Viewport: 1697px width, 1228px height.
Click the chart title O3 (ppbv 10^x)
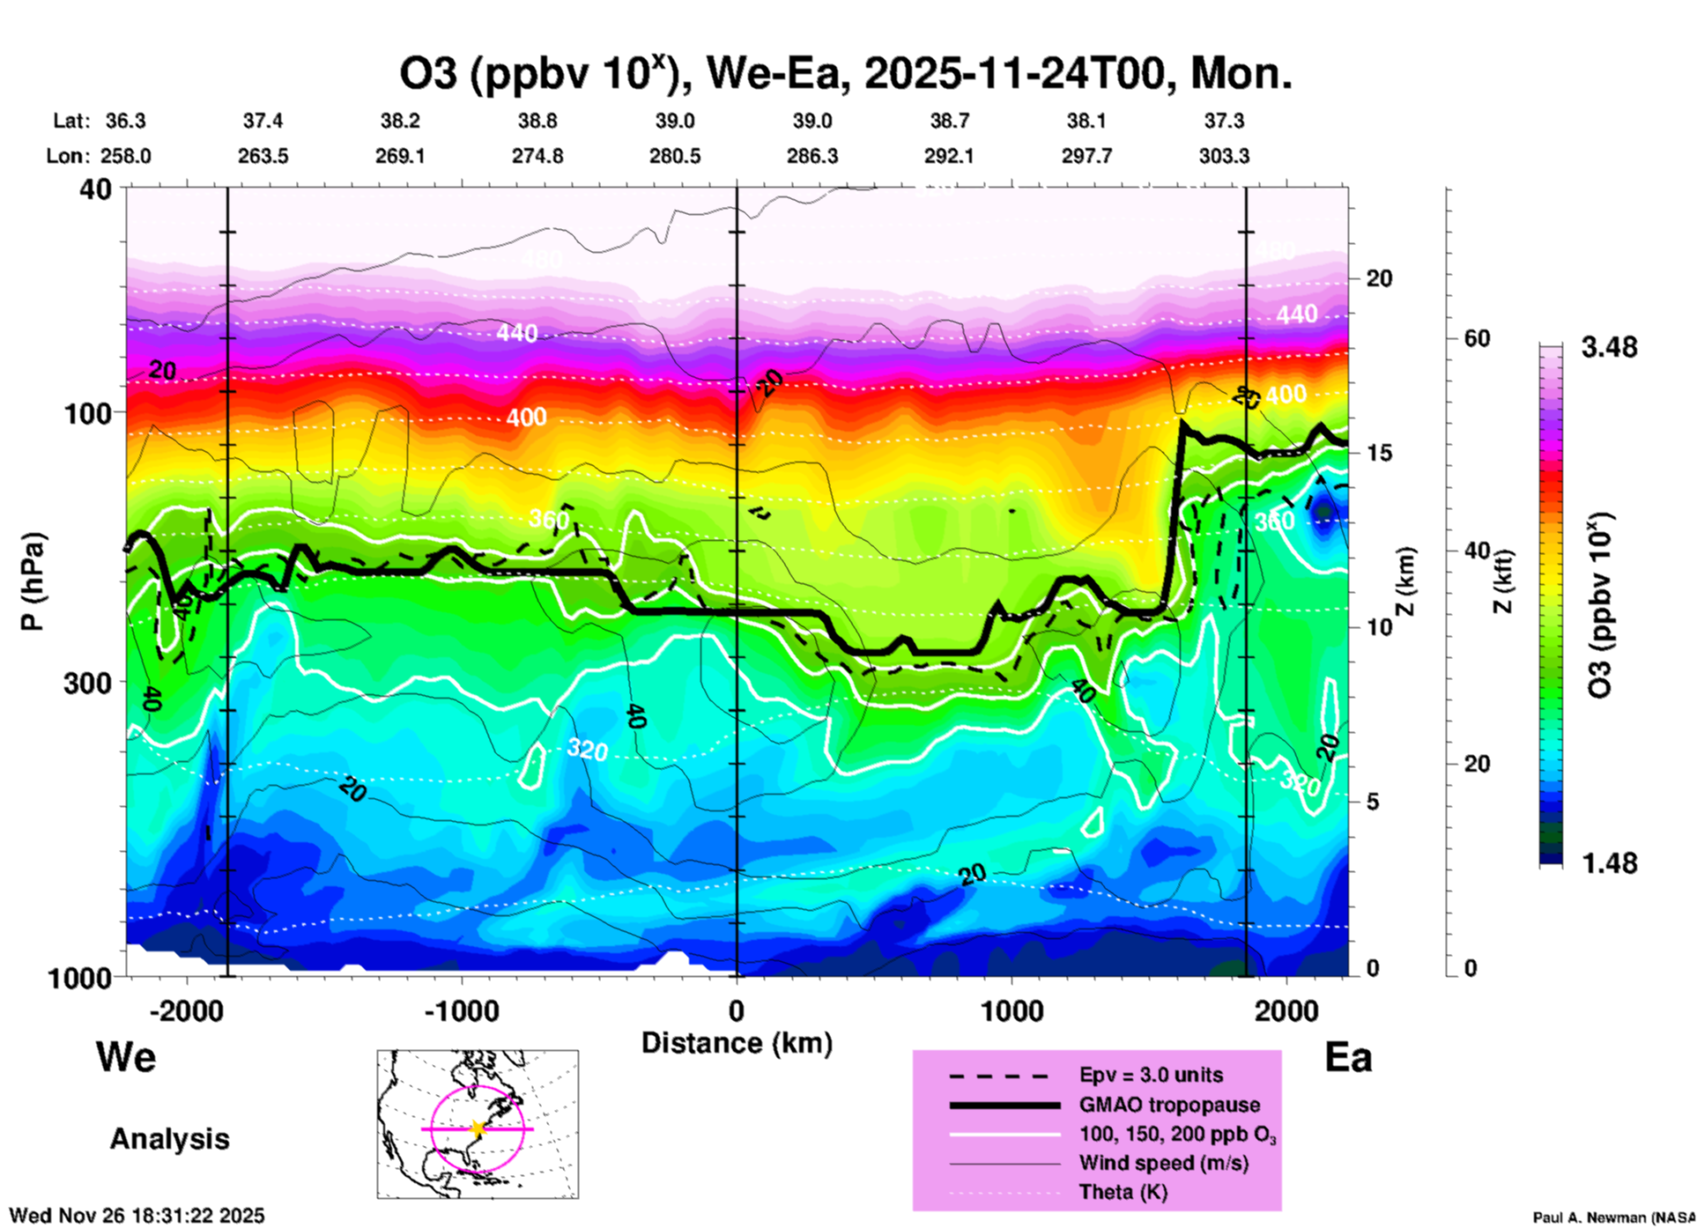tap(845, 74)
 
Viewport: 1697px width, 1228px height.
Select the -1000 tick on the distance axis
tap(462, 1011)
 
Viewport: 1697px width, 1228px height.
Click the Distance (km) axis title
tap(737, 1043)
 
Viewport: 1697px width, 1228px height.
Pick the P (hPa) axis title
tap(33, 581)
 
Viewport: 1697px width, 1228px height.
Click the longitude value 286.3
tap(811, 157)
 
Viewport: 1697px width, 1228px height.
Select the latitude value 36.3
tap(126, 121)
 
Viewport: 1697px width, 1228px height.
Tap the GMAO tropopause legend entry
tap(1169, 1105)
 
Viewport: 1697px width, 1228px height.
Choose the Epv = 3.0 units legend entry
tap(1151, 1076)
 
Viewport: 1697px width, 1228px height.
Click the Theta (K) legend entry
tap(1123, 1193)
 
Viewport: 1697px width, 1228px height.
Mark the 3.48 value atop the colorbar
tap(1609, 348)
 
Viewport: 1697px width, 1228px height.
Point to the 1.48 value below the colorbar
tap(1609, 863)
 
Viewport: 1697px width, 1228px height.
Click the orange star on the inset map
tap(478, 1128)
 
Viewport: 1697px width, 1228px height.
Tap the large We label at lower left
tap(126, 1057)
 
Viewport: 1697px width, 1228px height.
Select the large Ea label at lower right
tap(1348, 1058)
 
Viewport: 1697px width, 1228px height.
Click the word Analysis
tap(169, 1139)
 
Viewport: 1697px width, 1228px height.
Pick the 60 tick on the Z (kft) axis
tap(1477, 338)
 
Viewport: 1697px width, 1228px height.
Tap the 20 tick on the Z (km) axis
tap(1379, 279)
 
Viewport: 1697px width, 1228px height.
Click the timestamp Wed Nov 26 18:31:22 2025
tap(137, 1216)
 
